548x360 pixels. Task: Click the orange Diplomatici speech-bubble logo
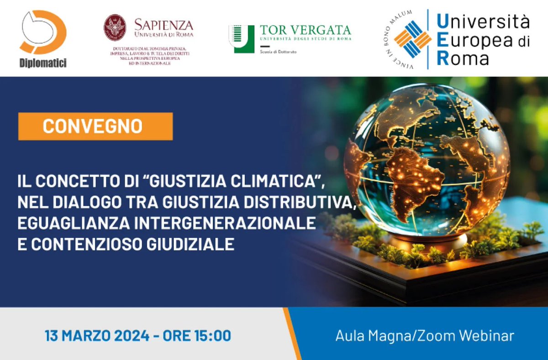click(43, 32)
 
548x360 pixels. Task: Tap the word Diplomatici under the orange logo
click(43, 63)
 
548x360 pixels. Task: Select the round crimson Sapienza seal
click(115, 27)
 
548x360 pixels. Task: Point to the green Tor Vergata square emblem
click(241, 39)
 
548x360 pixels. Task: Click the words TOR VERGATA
click(305, 30)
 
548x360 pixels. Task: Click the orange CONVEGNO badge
click(95, 126)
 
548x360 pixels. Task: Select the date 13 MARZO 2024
click(97, 336)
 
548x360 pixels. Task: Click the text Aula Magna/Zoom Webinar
click(424, 336)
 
